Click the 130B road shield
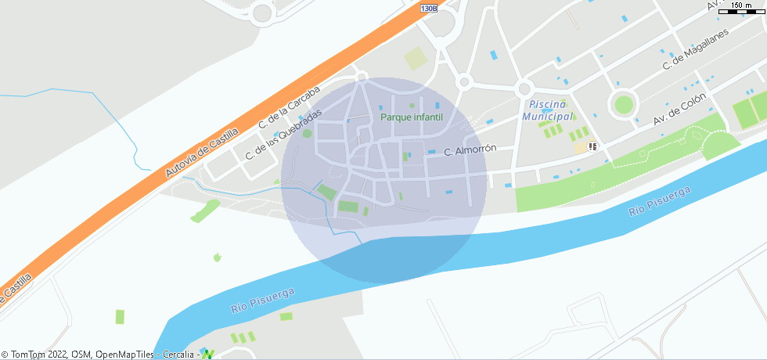(x=428, y=8)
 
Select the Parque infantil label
(x=412, y=117)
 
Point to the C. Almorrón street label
(x=470, y=150)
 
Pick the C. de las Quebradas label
(x=283, y=134)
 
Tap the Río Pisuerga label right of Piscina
(x=661, y=202)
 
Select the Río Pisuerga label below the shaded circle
(x=263, y=301)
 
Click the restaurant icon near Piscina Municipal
(x=592, y=146)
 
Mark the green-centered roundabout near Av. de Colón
(x=624, y=104)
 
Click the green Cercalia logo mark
(x=208, y=354)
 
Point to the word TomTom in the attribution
(x=27, y=355)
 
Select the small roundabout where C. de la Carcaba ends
(x=362, y=76)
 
